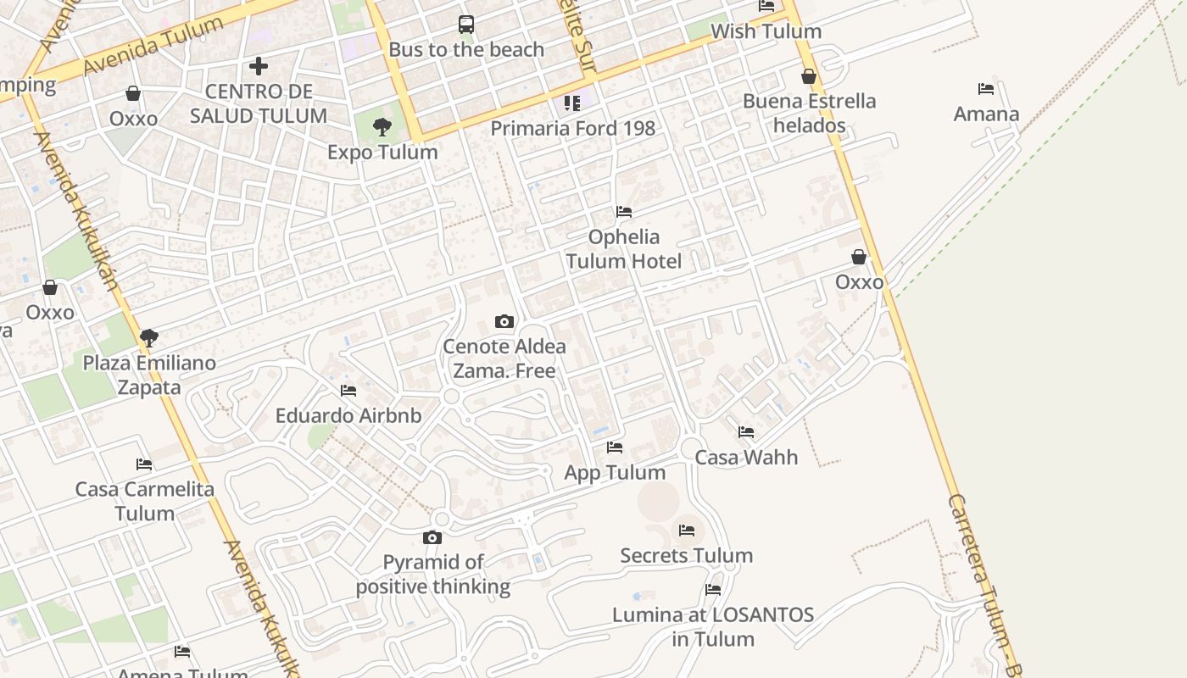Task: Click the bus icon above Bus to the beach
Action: pos(466,25)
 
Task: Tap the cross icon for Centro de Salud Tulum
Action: pos(259,65)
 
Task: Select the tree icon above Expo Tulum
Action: pos(382,127)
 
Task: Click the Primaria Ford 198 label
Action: pos(573,128)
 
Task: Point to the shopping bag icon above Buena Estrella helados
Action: pos(809,76)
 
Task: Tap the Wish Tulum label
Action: pos(766,31)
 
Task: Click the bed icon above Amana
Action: pos(986,88)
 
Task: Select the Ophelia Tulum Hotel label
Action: pos(624,248)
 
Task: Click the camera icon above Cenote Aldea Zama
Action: pos(504,321)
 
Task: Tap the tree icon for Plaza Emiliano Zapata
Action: pos(149,338)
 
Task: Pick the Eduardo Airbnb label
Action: pos(348,416)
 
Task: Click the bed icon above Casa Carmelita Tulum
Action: pos(144,464)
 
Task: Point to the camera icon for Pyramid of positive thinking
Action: pos(432,537)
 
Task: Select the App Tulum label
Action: pos(615,472)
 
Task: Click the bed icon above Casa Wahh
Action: pos(746,432)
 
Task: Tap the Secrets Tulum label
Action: pos(686,556)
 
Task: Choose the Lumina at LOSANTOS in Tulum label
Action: pos(713,627)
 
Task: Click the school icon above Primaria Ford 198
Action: pos(572,103)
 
